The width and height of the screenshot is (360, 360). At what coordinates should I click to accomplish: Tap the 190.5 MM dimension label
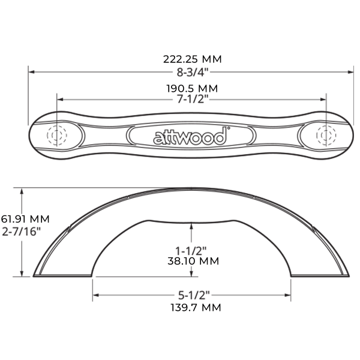(x=191, y=88)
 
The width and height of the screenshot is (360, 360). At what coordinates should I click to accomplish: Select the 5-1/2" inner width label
(x=192, y=296)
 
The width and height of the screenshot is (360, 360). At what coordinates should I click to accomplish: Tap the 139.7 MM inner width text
(x=192, y=308)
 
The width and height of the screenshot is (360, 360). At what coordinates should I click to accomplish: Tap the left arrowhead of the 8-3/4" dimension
(x=32, y=71)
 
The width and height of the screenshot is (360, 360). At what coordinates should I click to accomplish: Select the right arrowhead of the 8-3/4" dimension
(x=350, y=71)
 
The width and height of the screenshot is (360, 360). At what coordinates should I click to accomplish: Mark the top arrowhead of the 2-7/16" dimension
(x=23, y=190)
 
